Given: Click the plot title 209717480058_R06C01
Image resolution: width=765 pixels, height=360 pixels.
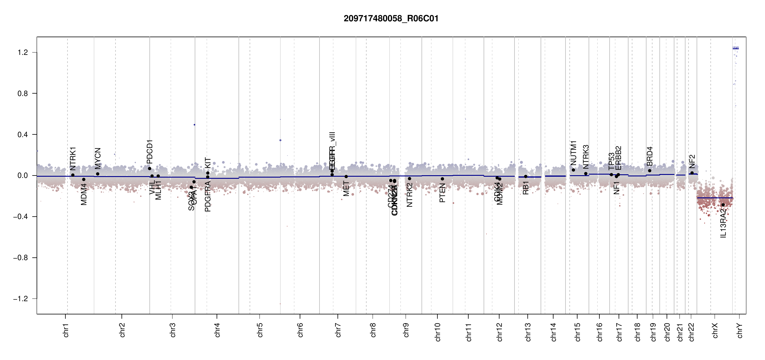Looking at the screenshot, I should pyautogui.click(x=391, y=19).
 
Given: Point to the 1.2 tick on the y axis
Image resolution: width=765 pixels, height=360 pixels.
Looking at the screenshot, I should pyautogui.click(x=22, y=52).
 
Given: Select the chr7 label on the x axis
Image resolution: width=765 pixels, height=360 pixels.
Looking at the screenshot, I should pyautogui.click(x=338, y=330).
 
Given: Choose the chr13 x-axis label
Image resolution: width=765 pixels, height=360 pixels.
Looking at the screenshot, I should pyautogui.click(x=528, y=332).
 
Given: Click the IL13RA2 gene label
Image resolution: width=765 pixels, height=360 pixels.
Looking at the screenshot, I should pyautogui.click(x=723, y=223).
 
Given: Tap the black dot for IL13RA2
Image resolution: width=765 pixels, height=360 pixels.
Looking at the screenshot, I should pyautogui.click(x=723, y=205).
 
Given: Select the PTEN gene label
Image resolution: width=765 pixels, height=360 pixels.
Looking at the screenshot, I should pyautogui.click(x=442, y=193).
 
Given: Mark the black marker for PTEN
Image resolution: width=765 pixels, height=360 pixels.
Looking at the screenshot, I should pyautogui.click(x=442, y=179).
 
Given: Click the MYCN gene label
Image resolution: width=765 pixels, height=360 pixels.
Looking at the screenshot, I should pyautogui.click(x=98, y=158).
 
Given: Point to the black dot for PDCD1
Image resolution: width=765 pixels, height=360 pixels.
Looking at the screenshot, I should pyautogui.click(x=149, y=169).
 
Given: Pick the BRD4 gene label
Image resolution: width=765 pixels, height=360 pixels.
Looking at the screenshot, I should pyautogui.click(x=649, y=156).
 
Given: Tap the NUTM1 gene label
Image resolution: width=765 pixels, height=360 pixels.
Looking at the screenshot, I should pyautogui.click(x=573, y=153).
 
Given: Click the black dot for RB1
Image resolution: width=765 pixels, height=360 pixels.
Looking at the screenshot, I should pyautogui.click(x=526, y=176).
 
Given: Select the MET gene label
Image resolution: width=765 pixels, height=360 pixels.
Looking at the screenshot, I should pyautogui.click(x=346, y=188).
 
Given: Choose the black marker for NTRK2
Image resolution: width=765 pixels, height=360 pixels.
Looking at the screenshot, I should pyautogui.click(x=409, y=178).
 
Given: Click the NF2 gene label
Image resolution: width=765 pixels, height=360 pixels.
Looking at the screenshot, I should pyautogui.click(x=692, y=161).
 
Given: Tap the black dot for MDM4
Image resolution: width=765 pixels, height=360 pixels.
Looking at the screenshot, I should pyautogui.click(x=84, y=179).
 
